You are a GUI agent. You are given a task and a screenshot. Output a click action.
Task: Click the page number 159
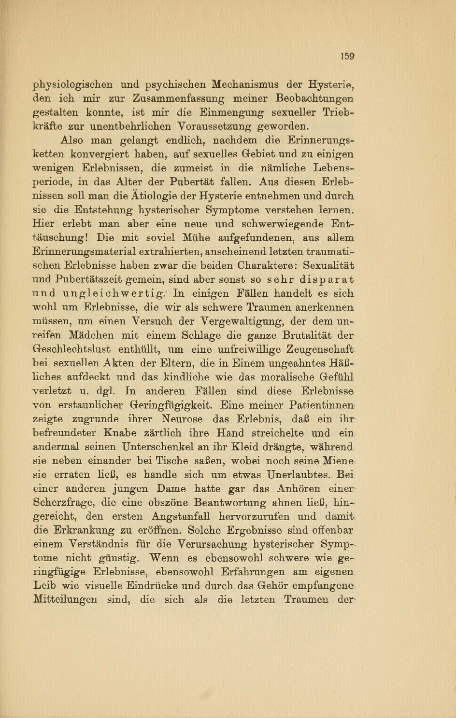(348, 56)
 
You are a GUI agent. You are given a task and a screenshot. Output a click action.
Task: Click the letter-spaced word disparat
(325, 279)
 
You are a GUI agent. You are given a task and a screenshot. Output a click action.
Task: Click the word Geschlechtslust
(71, 349)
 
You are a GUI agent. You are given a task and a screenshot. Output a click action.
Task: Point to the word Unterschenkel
(154, 447)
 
